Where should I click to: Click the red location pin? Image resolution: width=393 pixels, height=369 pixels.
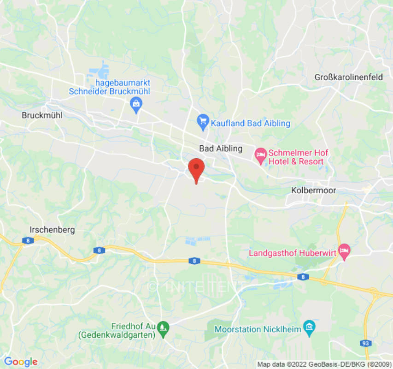coord(197,168)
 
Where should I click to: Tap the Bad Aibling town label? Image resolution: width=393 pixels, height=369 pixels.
coord(220,149)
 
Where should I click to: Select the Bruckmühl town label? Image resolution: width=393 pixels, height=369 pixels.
coord(42,115)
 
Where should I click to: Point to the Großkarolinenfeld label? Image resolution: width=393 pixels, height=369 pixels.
coord(348,77)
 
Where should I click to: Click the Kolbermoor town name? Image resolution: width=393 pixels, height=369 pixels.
coord(314,190)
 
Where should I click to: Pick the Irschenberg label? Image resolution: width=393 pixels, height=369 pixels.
coord(52,229)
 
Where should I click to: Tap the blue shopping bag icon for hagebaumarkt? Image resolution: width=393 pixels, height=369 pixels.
coord(136,105)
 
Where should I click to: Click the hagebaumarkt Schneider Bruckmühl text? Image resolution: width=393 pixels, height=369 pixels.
coord(110,87)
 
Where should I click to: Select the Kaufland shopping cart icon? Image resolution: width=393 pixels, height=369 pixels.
coord(203,122)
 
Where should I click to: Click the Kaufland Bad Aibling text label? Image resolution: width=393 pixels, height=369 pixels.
coord(251,123)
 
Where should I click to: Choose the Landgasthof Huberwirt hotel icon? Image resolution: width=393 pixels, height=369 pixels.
coord(344,250)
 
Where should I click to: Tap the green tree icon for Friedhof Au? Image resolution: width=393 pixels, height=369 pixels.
coord(163,328)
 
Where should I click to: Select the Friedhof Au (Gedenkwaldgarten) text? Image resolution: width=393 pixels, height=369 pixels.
coord(117,330)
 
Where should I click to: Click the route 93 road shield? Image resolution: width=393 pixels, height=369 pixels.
coord(366,343)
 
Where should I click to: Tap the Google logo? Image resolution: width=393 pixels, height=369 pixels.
coord(20,362)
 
